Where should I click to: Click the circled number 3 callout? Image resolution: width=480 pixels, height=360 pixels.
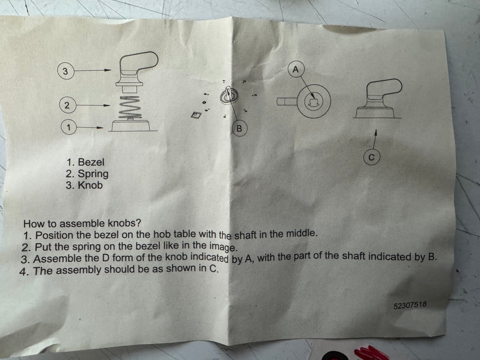point(65,71)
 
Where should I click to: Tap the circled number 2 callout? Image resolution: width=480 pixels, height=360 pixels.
point(68,105)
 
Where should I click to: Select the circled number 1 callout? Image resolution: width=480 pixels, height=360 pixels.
point(69,127)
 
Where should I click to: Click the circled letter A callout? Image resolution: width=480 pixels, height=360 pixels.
point(296,69)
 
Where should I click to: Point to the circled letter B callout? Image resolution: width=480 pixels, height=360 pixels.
point(240,128)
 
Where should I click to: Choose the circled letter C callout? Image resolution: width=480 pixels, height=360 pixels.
point(372,157)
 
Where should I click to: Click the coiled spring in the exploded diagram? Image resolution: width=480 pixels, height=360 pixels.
point(130,107)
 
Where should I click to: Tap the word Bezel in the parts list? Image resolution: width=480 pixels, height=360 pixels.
point(91,162)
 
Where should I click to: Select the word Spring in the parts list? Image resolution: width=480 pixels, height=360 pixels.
point(93,174)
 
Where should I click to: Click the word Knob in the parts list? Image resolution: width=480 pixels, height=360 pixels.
point(90,185)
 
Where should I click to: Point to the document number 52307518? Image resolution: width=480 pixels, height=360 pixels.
point(410,305)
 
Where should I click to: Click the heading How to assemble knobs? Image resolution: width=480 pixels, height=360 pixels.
point(82,223)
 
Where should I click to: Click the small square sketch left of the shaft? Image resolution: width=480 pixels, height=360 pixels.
point(196,115)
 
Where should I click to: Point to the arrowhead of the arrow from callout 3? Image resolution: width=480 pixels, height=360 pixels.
point(108,70)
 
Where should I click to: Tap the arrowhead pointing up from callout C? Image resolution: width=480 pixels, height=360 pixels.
point(376,132)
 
